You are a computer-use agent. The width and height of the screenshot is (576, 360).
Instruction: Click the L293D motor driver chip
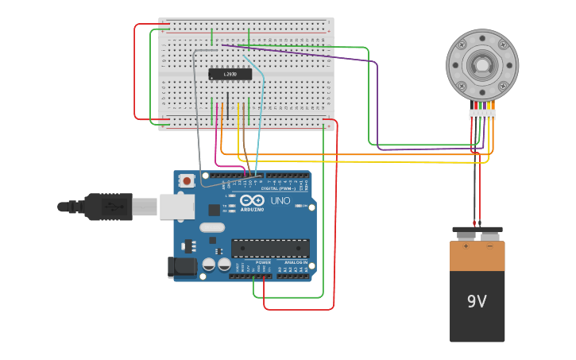pyautogui.click(x=230, y=74)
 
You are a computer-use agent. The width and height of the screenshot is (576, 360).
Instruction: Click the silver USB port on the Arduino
pyautogui.click(x=176, y=207)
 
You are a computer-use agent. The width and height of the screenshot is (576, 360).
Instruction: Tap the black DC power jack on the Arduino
pyautogui.click(x=182, y=267)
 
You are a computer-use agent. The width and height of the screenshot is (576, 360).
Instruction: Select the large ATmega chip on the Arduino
pyautogui.click(x=270, y=248)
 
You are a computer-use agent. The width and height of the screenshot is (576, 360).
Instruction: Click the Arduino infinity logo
pyautogui.click(x=253, y=200)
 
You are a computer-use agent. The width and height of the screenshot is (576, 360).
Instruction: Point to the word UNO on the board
pyautogui.click(x=280, y=201)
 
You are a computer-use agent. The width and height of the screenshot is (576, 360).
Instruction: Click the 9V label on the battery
pyautogui.click(x=477, y=302)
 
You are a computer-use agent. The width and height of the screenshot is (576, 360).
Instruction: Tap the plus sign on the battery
pyautogui.click(x=466, y=246)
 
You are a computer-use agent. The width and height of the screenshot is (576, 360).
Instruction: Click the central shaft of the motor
pyautogui.click(x=482, y=65)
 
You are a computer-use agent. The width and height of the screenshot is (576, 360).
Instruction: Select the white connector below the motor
pyautogui.click(x=482, y=114)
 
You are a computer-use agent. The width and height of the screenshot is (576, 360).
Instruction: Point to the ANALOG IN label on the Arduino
pyautogui.click(x=295, y=262)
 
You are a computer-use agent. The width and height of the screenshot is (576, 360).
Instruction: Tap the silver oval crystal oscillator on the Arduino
pyautogui.click(x=212, y=227)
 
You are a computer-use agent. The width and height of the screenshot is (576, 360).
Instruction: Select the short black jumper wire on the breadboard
pyautogui.click(x=228, y=106)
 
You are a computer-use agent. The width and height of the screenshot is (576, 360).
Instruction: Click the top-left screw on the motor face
pyautogui.click(x=462, y=45)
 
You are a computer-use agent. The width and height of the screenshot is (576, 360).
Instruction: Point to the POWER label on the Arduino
pyautogui.click(x=263, y=262)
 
